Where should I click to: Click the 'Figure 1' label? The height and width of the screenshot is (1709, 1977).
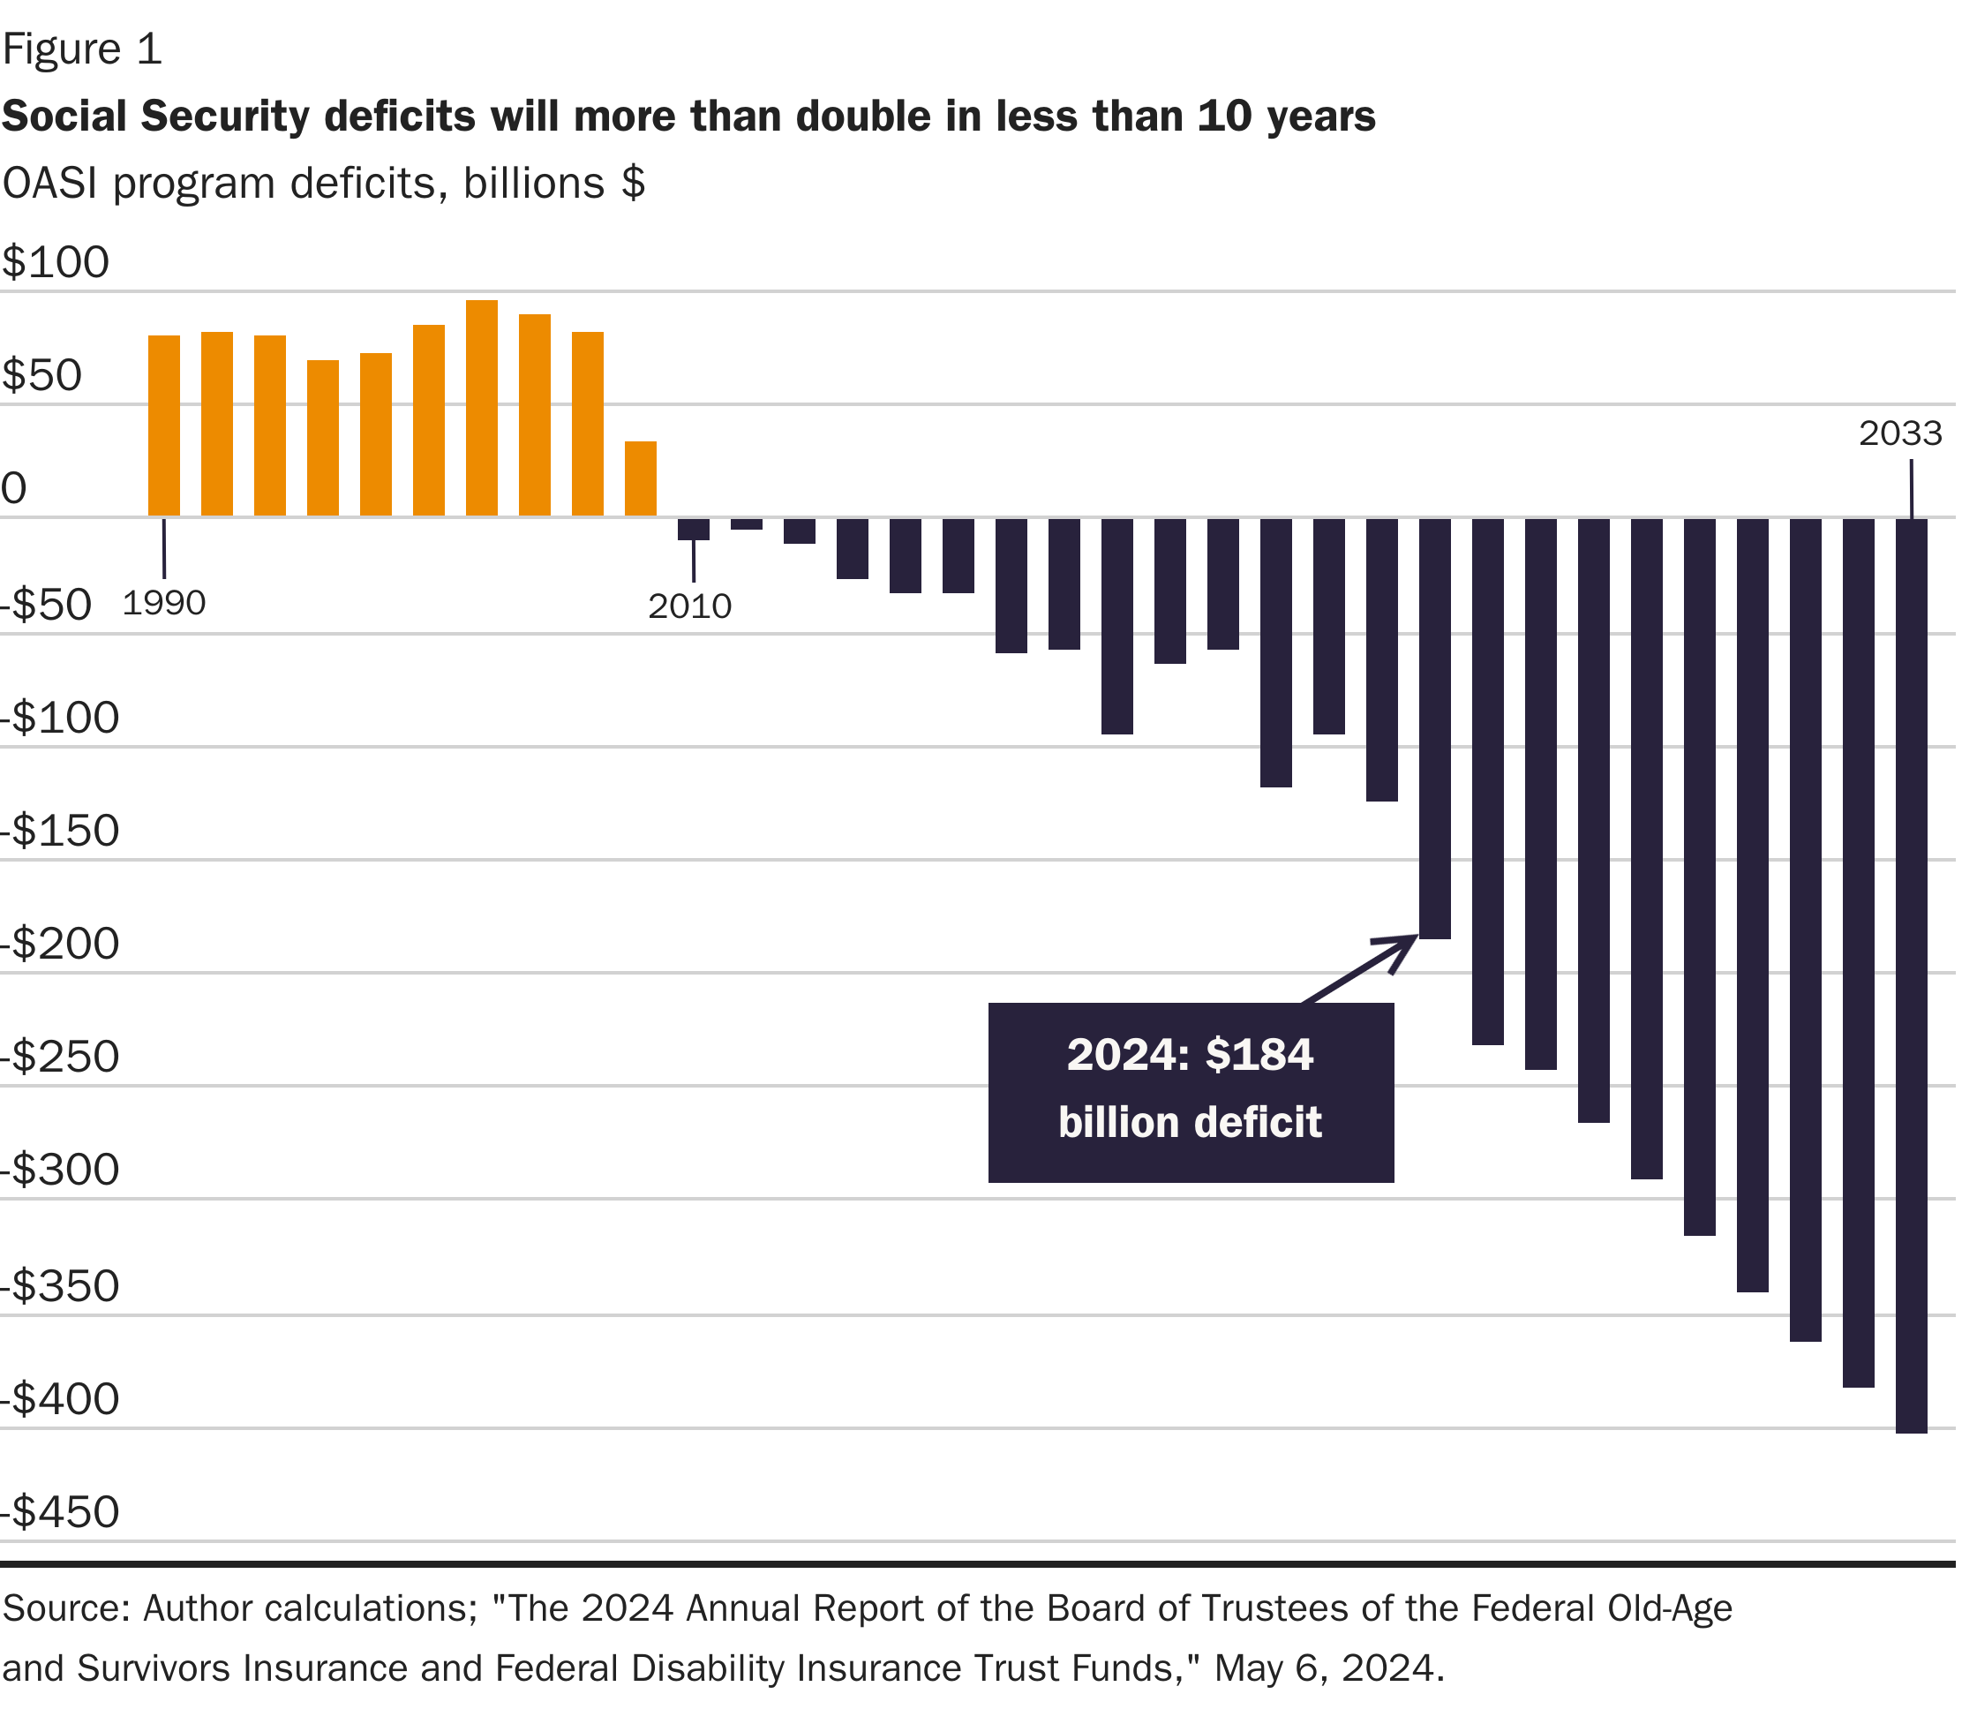pyautogui.click(x=82, y=49)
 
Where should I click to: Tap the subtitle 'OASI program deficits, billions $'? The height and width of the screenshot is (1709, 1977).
pyautogui.click(x=323, y=184)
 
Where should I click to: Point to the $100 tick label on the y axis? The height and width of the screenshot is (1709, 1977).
pyautogui.click(x=56, y=262)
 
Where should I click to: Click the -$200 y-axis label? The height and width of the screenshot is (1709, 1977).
pyautogui.click(x=61, y=945)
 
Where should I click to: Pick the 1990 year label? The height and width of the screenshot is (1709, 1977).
pyautogui.click(x=164, y=603)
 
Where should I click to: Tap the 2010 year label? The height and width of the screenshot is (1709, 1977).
pyautogui.click(x=689, y=606)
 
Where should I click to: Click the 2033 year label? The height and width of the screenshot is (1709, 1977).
pyautogui.click(x=1899, y=434)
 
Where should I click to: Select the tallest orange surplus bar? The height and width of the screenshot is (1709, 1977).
pyautogui.click(x=482, y=409)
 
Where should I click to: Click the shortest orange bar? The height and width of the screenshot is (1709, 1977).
pyautogui.click(x=640, y=479)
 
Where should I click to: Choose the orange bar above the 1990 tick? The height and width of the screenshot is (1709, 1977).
pyautogui.click(x=164, y=425)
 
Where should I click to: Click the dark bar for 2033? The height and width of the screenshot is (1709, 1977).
pyautogui.click(x=1910, y=974)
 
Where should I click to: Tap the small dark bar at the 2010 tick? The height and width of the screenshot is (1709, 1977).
pyautogui.click(x=693, y=530)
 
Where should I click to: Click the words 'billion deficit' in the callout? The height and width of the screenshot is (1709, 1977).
pyautogui.click(x=1190, y=1122)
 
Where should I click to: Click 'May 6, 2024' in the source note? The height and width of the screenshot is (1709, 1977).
pyautogui.click(x=1329, y=1667)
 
